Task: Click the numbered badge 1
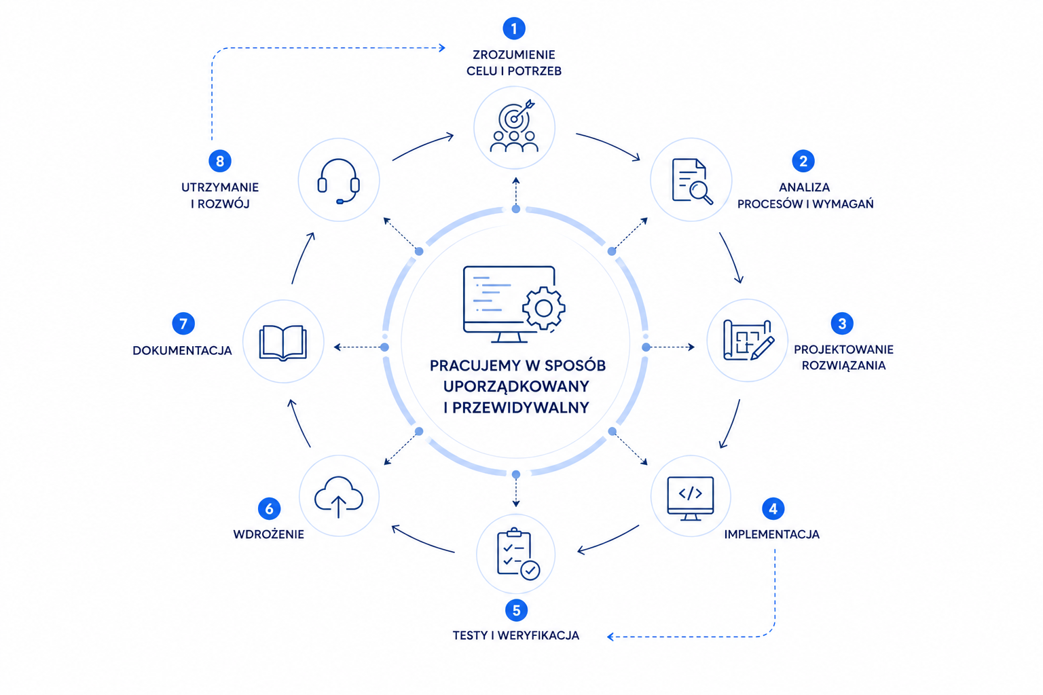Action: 514,29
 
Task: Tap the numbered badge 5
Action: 516,610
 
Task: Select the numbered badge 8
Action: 219,162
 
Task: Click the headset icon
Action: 338,181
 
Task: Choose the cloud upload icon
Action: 338,497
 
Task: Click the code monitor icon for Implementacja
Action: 691,497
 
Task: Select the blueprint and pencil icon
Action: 748,340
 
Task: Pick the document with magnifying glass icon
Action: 691,181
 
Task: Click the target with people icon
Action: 514,127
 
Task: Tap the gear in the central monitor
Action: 543,309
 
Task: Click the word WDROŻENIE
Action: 268,534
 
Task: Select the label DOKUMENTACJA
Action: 182,351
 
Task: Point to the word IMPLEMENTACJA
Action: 771,534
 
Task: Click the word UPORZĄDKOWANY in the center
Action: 516,386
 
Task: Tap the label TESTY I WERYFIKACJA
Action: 516,635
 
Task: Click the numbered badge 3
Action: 842,324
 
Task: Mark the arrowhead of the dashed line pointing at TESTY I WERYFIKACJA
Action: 610,637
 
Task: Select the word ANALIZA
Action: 804,187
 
